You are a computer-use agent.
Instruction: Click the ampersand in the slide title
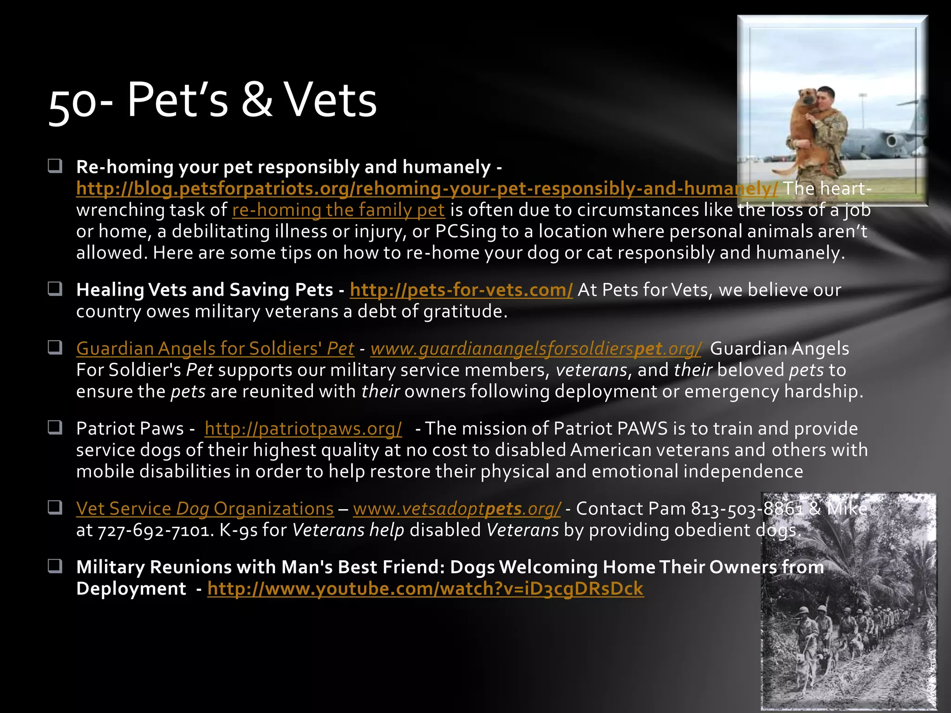tap(257, 100)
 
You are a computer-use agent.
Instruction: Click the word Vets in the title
tap(331, 100)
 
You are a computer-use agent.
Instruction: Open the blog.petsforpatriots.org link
tap(427, 188)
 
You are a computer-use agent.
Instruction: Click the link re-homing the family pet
tap(339, 210)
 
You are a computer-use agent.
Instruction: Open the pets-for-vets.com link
tap(461, 290)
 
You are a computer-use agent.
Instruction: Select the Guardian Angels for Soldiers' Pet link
tap(215, 348)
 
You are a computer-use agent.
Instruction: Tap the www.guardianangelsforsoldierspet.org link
tap(536, 348)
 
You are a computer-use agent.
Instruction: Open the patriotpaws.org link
tap(303, 428)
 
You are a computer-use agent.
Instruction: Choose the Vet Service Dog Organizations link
tap(205, 509)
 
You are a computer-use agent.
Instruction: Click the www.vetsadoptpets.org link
tap(457, 509)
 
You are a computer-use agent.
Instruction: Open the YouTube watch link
tap(425, 589)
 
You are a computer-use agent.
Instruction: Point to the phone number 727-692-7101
tap(156, 530)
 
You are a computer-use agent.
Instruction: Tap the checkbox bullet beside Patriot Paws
tap(55, 427)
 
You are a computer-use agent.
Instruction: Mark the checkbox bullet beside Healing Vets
tap(55, 289)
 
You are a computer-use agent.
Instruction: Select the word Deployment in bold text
tap(131, 589)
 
